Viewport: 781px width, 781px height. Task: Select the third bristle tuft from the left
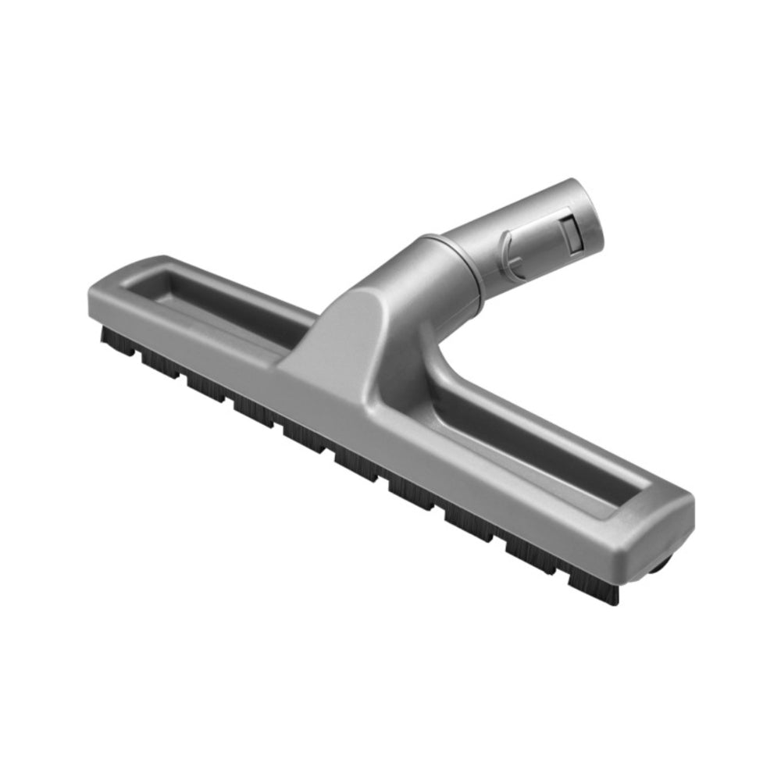[x=207, y=386]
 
